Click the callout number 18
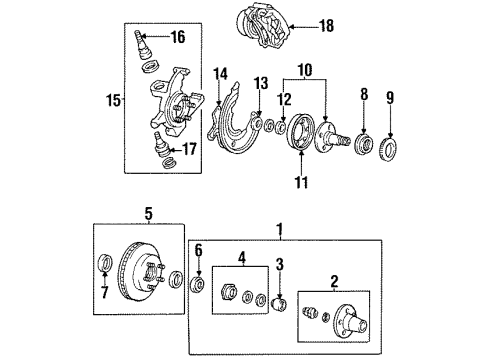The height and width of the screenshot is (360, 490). [x=326, y=26]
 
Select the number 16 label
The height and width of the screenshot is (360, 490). [x=178, y=37]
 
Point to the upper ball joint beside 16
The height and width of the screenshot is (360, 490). [x=142, y=44]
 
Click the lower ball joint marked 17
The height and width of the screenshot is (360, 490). [x=161, y=145]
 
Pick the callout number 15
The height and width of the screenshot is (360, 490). [x=113, y=100]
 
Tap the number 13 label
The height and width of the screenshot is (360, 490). [x=261, y=84]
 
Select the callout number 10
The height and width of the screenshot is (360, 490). [x=305, y=70]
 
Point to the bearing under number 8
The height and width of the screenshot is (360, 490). [x=363, y=144]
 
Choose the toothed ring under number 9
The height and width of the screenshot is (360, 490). [x=389, y=147]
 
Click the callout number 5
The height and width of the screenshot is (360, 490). [x=148, y=213]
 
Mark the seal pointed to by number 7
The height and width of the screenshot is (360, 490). [x=106, y=263]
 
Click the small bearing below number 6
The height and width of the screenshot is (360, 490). [x=197, y=284]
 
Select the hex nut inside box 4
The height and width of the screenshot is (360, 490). [x=229, y=291]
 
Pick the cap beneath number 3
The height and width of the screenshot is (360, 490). [x=279, y=304]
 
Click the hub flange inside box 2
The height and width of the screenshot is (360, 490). [x=350, y=321]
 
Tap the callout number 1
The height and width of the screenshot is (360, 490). [x=280, y=230]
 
